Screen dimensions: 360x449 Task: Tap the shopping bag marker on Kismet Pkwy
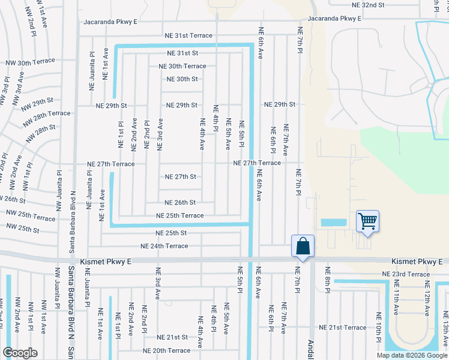[x=303, y=246]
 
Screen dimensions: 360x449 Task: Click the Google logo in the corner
[x=20, y=353]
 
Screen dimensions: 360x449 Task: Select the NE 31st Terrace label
[x=189, y=35]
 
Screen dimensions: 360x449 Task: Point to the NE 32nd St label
[x=376, y=4]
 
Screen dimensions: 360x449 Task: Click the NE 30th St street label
[x=182, y=79]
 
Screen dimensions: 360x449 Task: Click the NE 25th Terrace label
[x=179, y=215]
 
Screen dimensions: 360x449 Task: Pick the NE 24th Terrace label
[x=164, y=246]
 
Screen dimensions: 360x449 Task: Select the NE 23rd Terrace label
[x=406, y=274]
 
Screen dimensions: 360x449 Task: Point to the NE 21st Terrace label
[x=343, y=328]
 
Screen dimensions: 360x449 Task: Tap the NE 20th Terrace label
[x=166, y=350]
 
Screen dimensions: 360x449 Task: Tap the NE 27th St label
[x=181, y=177]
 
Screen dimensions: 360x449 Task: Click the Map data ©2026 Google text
[x=412, y=355]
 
